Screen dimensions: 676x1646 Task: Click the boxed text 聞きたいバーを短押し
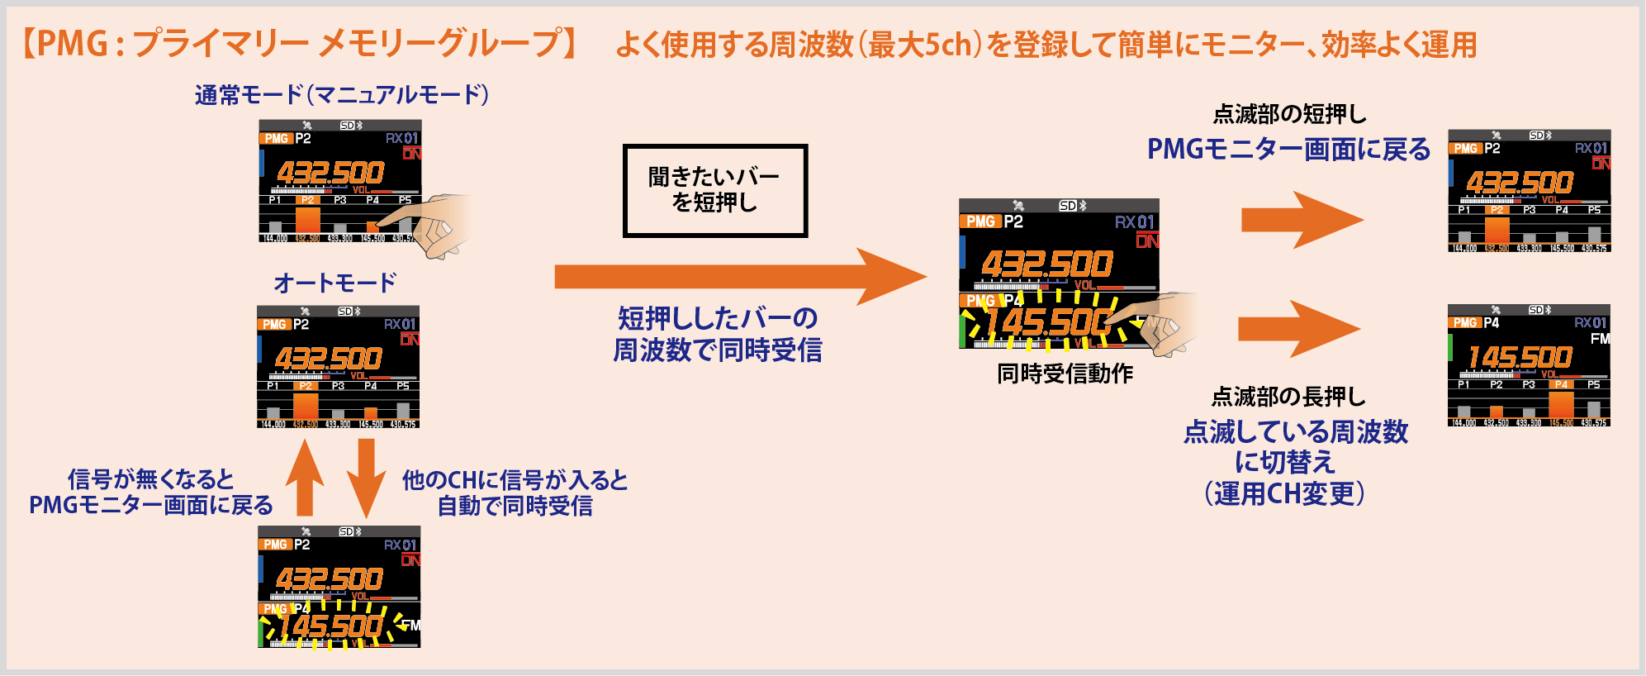(x=714, y=190)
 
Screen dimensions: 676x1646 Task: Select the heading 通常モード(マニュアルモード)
(x=342, y=95)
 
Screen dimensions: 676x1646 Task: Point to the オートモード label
(x=335, y=283)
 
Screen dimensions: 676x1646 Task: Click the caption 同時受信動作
(x=1065, y=374)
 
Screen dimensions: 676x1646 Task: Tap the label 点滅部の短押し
(x=1289, y=114)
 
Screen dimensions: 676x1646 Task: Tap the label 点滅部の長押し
(x=1288, y=398)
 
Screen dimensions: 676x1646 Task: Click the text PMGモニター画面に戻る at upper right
(x=1288, y=150)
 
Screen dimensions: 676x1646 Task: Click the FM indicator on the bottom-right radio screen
(x=1600, y=339)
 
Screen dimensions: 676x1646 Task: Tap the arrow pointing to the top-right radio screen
(x=1302, y=220)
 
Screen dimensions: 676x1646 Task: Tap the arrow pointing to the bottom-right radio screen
(x=1298, y=329)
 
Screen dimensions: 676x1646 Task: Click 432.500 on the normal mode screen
(x=330, y=173)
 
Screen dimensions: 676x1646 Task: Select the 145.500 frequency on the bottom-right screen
(x=1520, y=357)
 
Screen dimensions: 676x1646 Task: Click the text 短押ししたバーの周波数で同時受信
(x=717, y=334)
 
